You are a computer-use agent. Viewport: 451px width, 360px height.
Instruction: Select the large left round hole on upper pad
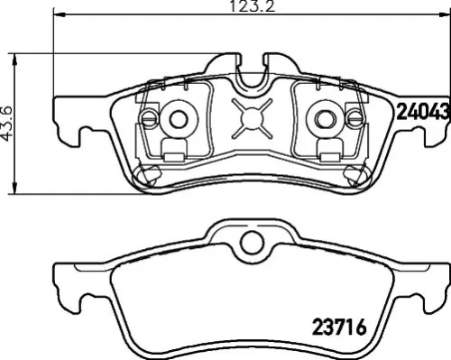pyautogui.click(x=178, y=116)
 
